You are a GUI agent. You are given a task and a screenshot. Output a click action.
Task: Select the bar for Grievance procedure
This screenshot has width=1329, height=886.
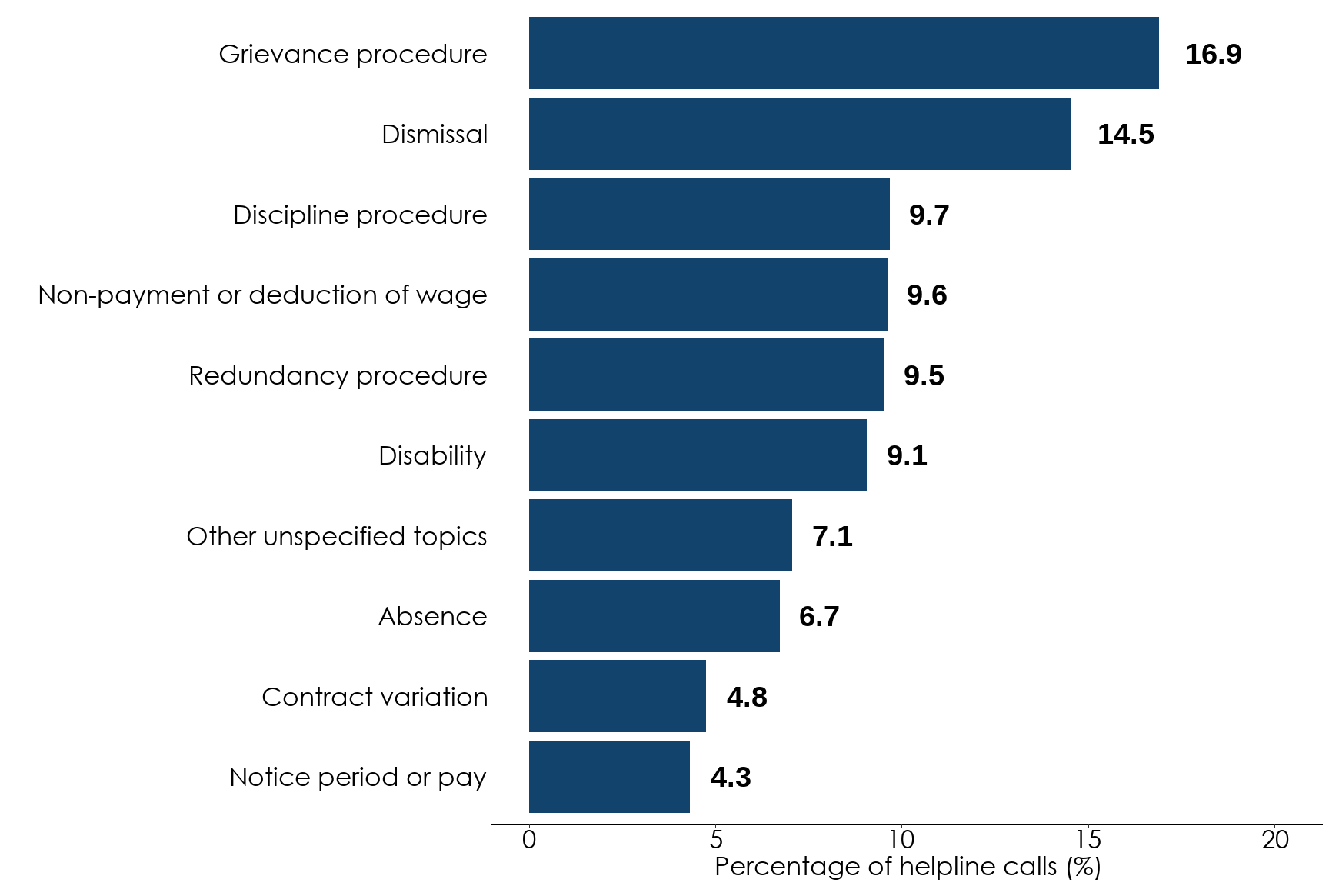click(844, 53)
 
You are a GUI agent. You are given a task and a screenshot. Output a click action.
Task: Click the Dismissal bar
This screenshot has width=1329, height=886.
click(800, 134)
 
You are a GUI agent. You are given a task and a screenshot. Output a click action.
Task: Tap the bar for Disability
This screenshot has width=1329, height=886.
click(698, 455)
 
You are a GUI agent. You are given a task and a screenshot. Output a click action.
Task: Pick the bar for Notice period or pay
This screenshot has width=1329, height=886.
click(609, 777)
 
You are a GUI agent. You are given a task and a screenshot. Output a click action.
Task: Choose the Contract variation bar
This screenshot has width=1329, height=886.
click(618, 696)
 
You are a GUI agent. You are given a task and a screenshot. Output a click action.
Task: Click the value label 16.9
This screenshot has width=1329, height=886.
click(1213, 55)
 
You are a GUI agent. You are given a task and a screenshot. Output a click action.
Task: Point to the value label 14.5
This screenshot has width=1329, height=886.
click(1125, 135)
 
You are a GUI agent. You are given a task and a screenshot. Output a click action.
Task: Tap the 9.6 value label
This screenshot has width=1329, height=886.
click(927, 295)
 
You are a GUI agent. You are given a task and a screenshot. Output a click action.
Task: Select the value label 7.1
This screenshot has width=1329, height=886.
click(832, 537)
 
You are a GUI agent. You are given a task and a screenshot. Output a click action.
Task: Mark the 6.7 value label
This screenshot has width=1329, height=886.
click(819, 617)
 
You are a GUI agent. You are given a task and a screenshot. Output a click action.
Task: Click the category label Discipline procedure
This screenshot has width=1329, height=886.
click(360, 215)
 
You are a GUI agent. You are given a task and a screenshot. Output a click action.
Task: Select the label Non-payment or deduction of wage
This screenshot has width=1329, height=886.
click(262, 295)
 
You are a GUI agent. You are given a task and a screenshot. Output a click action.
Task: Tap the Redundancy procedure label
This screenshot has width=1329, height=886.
click(338, 376)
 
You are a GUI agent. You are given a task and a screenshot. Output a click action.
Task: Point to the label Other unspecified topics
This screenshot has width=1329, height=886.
click(337, 537)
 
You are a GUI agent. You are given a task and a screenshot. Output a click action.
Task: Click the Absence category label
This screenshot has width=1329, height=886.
click(432, 617)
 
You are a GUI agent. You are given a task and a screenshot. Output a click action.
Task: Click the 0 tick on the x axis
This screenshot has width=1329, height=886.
click(529, 840)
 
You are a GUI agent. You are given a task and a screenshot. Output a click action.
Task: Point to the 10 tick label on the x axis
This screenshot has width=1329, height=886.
click(901, 840)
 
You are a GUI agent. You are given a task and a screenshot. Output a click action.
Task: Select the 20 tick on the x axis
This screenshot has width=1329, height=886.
click(1275, 840)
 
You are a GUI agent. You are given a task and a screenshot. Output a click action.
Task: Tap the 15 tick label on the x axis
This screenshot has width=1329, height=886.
click(1088, 840)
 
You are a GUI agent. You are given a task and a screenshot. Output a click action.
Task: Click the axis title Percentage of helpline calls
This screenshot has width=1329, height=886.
click(908, 868)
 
